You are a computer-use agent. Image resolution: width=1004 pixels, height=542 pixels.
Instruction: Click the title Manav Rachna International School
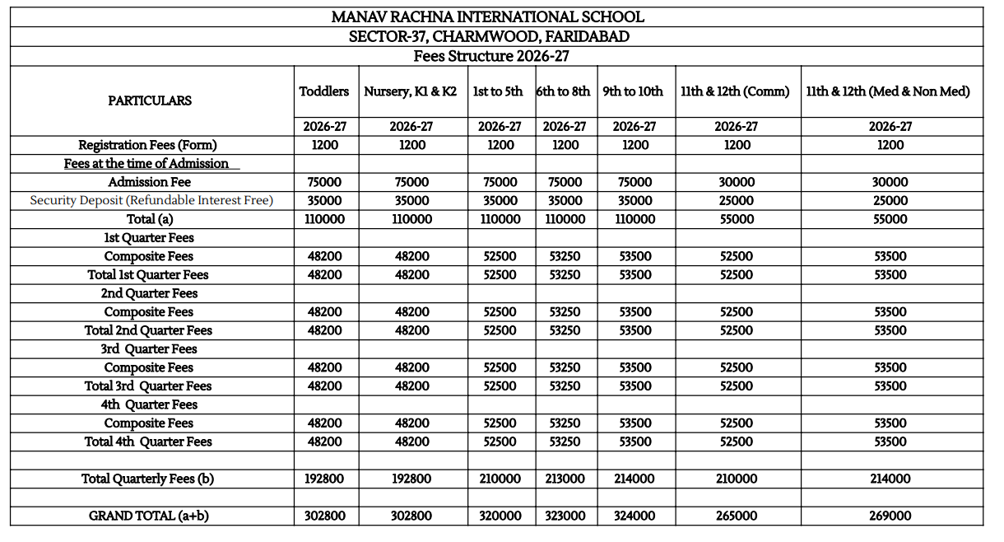tap(487, 16)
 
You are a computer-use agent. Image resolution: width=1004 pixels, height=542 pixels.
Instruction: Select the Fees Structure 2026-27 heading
tap(491, 56)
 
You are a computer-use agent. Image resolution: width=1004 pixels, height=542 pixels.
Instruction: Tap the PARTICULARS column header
tap(150, 100)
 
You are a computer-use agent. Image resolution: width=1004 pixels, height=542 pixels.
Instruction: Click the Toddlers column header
tap(324, 91)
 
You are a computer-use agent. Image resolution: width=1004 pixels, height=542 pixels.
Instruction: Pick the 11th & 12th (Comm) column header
tap(735, 91)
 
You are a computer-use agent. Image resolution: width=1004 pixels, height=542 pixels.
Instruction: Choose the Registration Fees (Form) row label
tap(148, 145)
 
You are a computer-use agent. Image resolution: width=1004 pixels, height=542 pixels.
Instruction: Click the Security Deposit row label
tap(151, 200)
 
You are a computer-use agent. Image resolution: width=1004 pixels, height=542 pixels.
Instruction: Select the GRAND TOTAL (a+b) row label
tap(148, 516)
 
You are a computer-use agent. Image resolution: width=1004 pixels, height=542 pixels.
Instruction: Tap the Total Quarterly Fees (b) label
tap(148, 479)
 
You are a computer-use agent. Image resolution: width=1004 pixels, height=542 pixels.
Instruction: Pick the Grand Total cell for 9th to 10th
tap(634, 516)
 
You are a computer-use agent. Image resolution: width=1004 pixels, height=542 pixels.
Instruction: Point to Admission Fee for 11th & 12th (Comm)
tap(736, 182)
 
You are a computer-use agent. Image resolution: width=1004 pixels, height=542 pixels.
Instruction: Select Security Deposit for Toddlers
tap(324, 200)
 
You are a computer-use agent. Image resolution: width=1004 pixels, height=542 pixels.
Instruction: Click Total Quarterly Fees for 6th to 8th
tap(565, 479)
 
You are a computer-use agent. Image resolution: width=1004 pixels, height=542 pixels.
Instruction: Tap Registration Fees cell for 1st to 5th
tap(500, 145)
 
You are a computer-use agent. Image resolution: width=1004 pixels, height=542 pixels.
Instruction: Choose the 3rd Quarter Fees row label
tap(149, 349)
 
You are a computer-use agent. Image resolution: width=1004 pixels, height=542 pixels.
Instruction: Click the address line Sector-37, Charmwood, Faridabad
tap(490, 37)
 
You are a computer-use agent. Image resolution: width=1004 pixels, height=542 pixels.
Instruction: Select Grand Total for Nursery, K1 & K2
tap(411, 516)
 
